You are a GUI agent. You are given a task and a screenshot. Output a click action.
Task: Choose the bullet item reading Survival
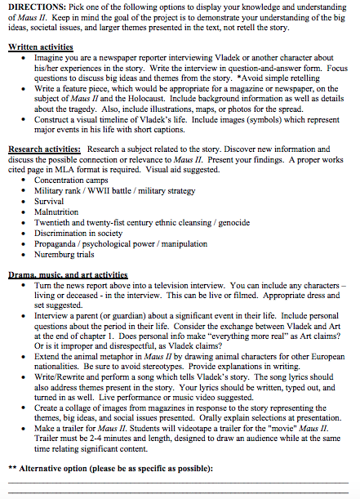49,201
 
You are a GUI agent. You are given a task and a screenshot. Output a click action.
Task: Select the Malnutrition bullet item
56,211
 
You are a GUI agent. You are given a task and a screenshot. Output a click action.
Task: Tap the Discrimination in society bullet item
78,232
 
